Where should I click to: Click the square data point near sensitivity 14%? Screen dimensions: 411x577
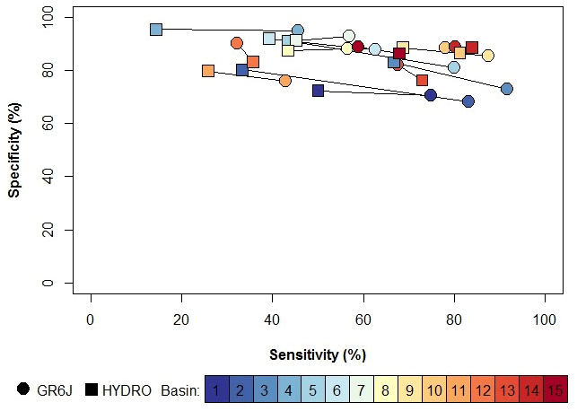coord(156,30)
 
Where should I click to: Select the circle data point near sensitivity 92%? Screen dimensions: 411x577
coord(507,89)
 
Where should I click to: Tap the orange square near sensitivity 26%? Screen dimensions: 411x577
coord(208,71)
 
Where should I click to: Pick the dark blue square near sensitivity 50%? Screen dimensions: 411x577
coord(318,91)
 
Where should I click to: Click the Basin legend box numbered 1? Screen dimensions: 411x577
coord(216,390)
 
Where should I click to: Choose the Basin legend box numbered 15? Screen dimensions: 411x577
coord(555,390)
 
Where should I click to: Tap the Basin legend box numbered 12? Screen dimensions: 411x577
coord(483,390)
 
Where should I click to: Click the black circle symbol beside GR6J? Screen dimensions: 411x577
coord(23,389)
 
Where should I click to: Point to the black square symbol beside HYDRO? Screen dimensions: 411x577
coord(92,389)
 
